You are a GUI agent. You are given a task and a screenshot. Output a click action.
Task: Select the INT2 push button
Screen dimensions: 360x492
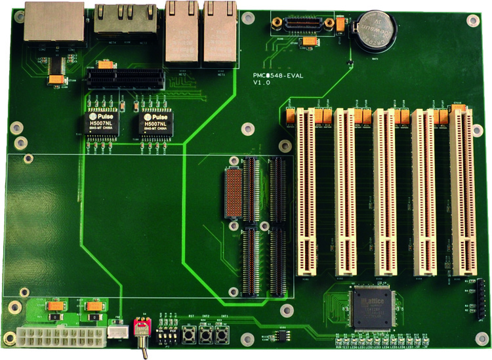(x=207, y=336)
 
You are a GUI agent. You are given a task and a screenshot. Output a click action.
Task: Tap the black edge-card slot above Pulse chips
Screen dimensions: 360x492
(x=126, y=79)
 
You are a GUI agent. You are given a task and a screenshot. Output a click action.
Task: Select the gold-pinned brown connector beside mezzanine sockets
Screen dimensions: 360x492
(x=234, y=193)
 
